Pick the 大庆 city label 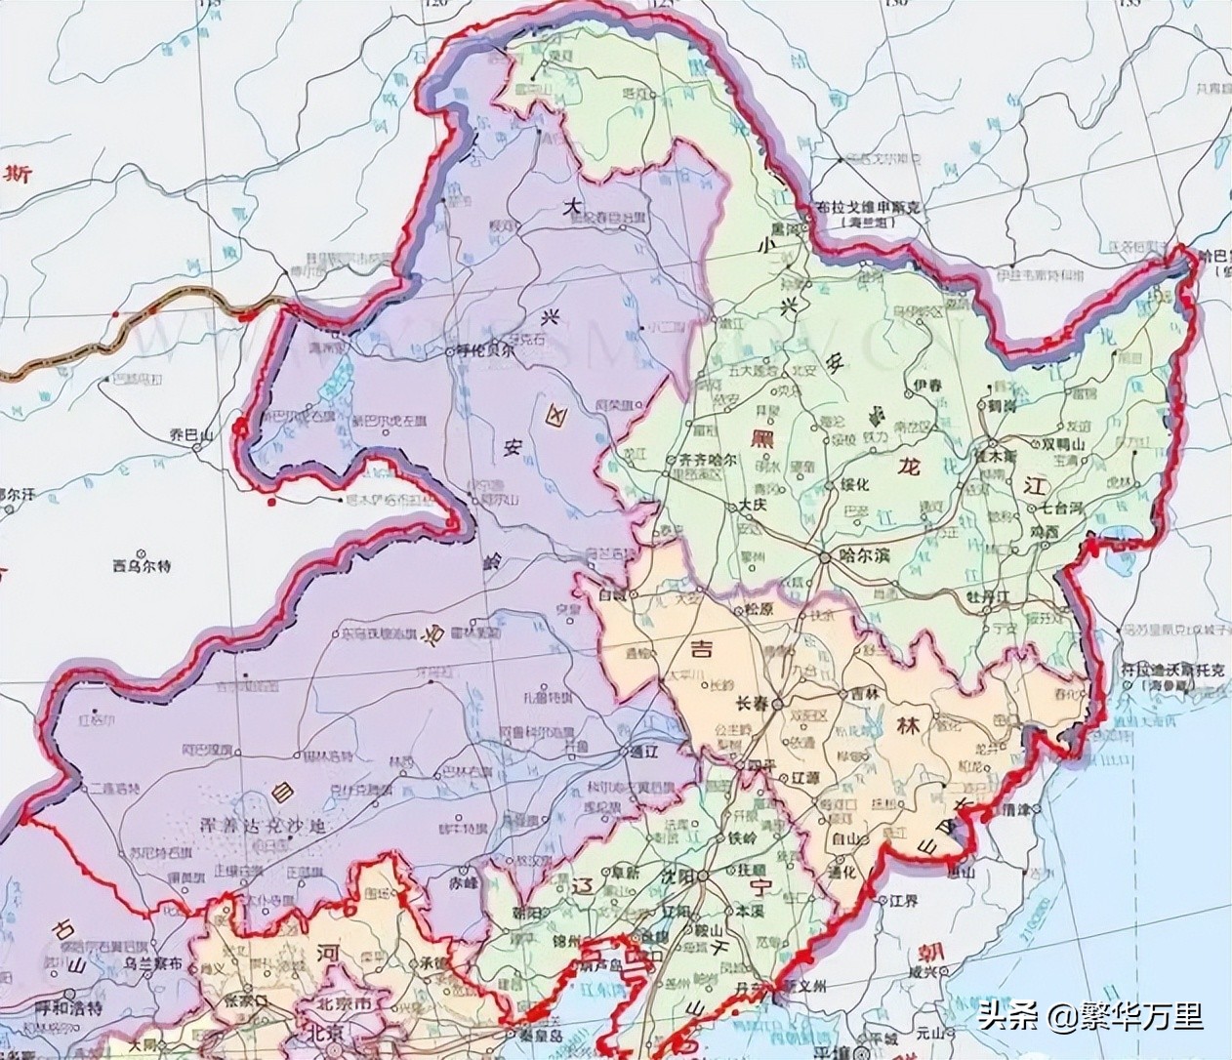click(x=752, y=506)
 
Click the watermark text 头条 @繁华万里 click(x=1090, y=1019)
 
